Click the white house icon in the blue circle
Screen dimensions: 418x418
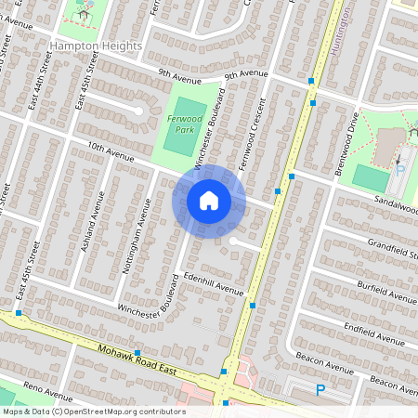coord(209,200)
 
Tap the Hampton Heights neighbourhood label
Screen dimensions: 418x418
coord(97,46)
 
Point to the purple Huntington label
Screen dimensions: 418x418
coord(344,23)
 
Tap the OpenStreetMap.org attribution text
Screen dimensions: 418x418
coord(121,411)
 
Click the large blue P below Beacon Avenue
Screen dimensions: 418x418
coord(320,391)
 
